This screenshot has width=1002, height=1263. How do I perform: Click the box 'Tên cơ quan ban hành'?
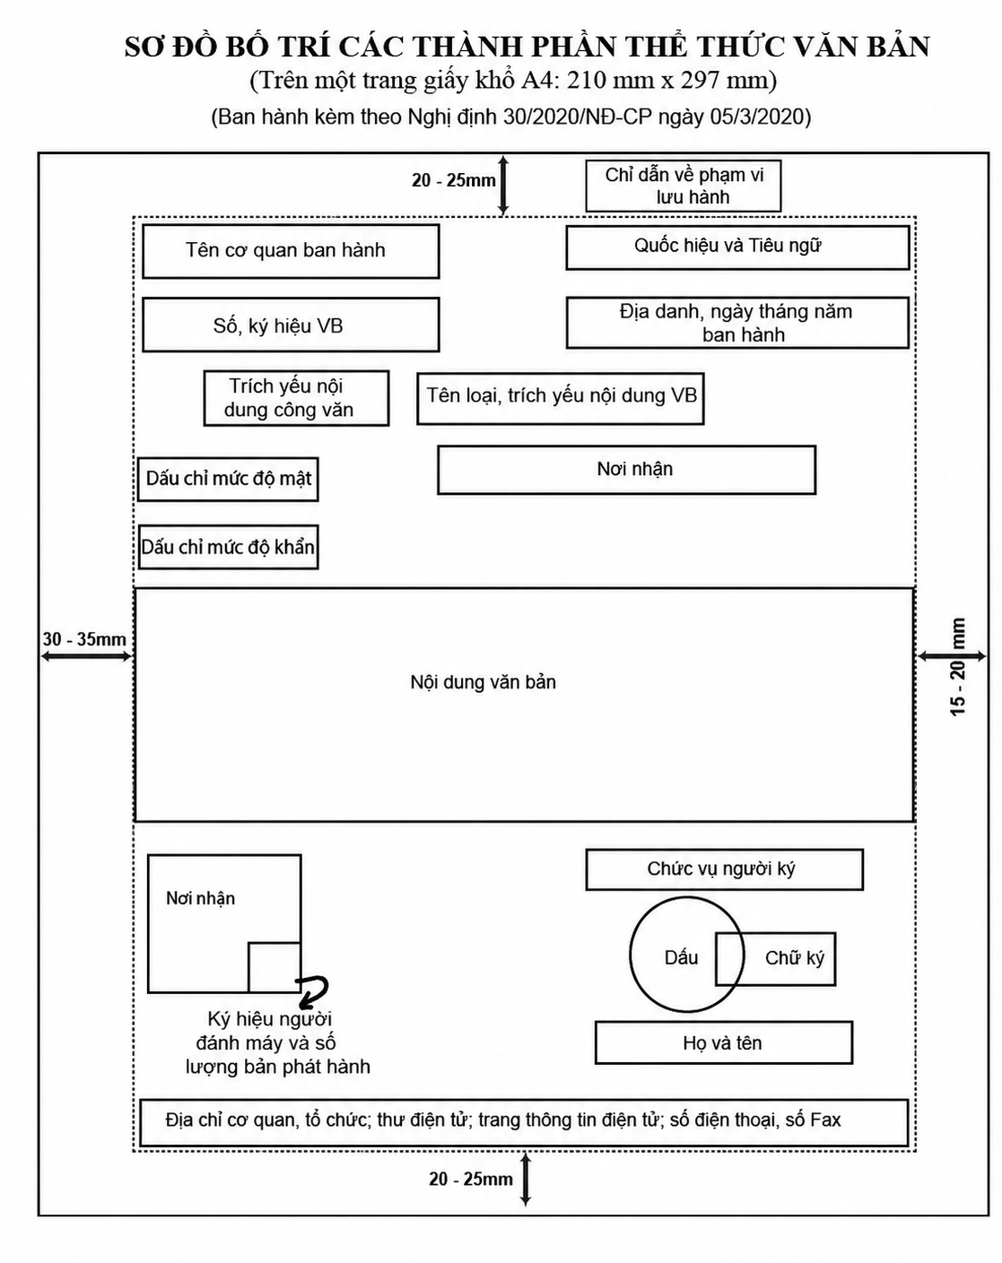291,251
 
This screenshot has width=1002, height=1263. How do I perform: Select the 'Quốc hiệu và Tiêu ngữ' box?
737,247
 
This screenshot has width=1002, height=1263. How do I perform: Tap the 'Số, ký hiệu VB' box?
291,325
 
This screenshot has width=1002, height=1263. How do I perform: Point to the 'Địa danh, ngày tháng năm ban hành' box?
737,322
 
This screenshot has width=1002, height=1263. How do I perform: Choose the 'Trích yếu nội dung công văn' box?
296,398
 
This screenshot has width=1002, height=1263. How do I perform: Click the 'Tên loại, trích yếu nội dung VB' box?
561,399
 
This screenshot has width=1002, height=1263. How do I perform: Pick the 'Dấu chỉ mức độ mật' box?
228,480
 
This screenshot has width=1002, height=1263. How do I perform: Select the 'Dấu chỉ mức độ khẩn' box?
228,547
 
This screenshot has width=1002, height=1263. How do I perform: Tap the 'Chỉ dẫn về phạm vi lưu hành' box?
683,186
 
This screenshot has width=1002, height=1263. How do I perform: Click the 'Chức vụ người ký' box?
724,869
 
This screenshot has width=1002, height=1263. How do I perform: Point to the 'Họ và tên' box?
724,1042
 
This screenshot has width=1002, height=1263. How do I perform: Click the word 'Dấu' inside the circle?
682,958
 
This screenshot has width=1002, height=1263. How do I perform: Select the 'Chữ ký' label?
794,958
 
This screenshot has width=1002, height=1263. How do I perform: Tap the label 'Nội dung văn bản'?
483,682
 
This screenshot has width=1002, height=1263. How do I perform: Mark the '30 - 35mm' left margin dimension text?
84,639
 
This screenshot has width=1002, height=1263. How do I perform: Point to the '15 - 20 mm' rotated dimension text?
957,667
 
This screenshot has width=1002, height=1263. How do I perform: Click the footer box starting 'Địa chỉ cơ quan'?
524,1123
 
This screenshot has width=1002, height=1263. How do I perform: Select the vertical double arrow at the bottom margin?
526,1180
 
